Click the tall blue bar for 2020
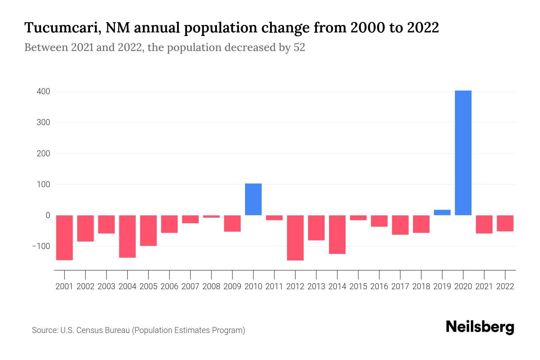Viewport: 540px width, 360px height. point(463,153)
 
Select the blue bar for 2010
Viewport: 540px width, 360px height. point(253,199)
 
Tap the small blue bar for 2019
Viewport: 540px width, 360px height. point(442,212)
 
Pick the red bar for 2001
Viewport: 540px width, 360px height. point(64,238)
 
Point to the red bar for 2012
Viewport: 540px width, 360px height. point(295,238)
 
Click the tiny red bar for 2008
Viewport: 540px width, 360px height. point(211,216)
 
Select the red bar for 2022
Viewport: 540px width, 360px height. point(505,223)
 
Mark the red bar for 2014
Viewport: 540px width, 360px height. point(337,235)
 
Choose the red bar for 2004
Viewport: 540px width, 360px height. point(127,236)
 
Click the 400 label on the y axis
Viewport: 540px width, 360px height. point(43,91)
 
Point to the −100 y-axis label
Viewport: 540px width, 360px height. point(41,246)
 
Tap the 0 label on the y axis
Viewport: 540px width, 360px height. point(48,215)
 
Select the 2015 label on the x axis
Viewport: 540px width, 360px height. point(358,286)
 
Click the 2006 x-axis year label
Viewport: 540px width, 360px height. point(169,286)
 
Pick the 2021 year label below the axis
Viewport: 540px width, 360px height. point(484,286)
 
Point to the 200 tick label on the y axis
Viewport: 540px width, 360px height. point(43,153)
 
